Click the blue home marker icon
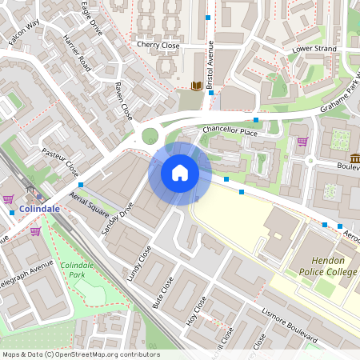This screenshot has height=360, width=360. click(x=180, y=173)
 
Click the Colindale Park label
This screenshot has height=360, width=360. click(x=78, y=270)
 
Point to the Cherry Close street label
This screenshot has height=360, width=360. click(x=158, y=46)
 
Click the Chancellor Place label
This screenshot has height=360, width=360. click(x=230, y=129)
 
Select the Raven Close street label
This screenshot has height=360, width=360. click(x=124, y=101)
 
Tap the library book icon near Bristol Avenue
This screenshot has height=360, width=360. click(x=197, y=86)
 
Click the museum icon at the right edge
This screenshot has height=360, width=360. click(x=354, y=158)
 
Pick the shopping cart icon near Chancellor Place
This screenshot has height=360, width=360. click(x=302, y=142)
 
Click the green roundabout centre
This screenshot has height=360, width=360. click(x=149, y=135)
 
